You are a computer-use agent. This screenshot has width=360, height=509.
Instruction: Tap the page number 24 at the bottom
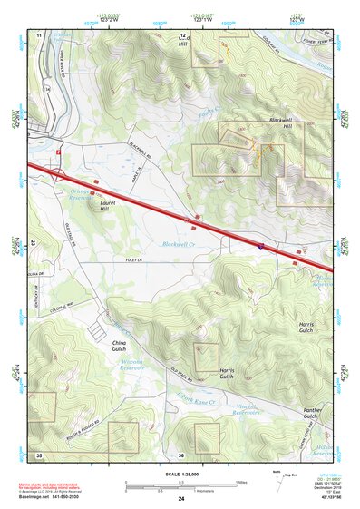[181, 499]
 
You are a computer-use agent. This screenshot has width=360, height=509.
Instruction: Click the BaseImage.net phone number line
[49, 498]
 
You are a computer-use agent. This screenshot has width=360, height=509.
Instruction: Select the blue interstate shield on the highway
[258, 244]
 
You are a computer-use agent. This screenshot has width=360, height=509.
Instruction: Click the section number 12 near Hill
[182, 34]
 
